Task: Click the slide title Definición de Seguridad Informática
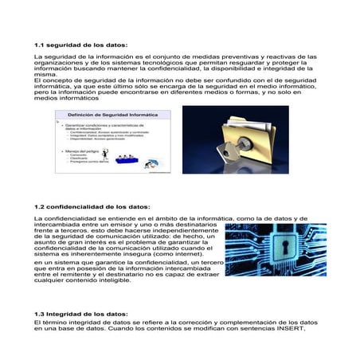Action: coord(111,115)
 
